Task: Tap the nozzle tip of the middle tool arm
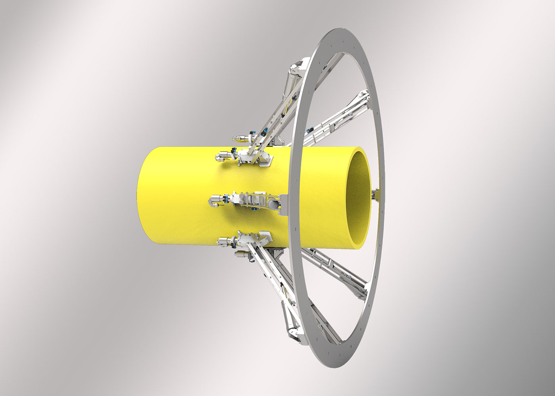tap(211, 202)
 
